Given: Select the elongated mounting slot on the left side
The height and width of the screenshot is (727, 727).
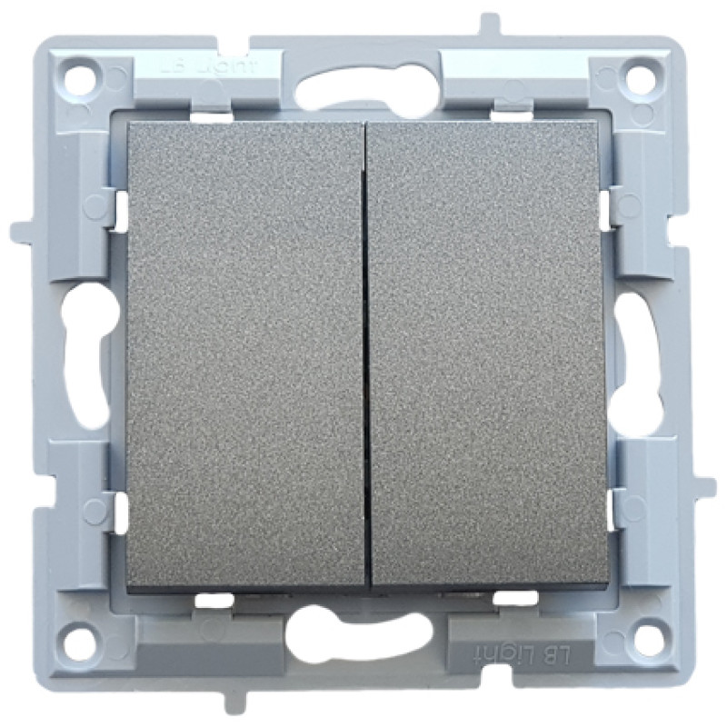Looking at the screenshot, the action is tap(85, 353).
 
